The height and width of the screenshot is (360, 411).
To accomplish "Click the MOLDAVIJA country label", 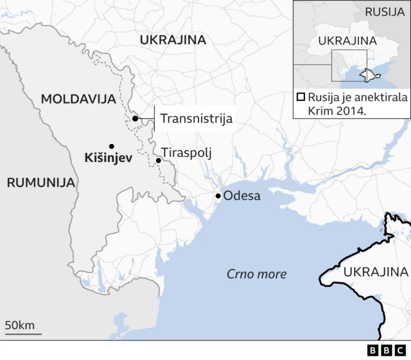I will pyautogui.click(x=78, y=99).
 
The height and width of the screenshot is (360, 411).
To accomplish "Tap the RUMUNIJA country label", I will pyautogui.click(x=41, y=183).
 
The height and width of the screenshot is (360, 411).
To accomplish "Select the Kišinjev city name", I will pyautogui.click(x=107, y=157).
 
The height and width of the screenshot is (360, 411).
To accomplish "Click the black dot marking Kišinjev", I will pyautogui.click(x=112, y=146).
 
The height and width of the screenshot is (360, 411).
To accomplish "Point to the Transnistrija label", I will pyautogui.click(x=196, y=118).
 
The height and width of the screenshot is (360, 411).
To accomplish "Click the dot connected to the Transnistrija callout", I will pyautogui.click(x=135, y=118).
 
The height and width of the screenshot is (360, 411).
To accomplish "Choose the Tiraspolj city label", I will pyautogui.click(x=186, y=153).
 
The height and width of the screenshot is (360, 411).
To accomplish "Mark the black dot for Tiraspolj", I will pyautogui.click(x=158, y=160).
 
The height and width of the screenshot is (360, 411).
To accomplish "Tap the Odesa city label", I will pyautogui.click(x=241, y=195).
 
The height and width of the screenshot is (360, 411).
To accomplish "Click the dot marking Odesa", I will pyautogui.click(x=218, y=195).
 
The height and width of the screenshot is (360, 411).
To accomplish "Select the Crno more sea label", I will pyautogui.click(x=256, y=274).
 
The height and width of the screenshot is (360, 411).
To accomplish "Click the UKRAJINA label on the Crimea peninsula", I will pyautogui.click(x=376, y=271).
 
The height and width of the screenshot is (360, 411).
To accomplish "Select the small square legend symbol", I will pyautogui.click(x=301, y=98).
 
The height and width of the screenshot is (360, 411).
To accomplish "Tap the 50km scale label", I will pyautogui.click(x=20, y=325).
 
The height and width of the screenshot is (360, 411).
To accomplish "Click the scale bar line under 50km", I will pyautogui.click(x=23, y=334).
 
